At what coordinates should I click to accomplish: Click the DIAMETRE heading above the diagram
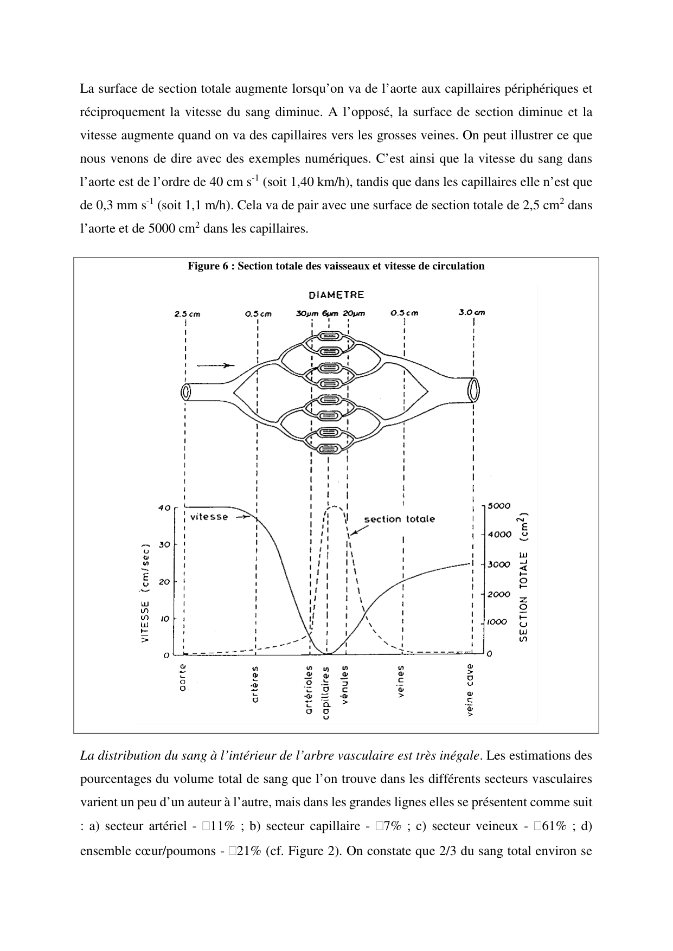click(336, 295)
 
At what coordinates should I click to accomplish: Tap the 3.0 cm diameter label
click(471, 312)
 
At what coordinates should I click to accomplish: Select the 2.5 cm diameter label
click(187, 313)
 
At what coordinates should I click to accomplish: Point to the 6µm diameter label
click(330, 313)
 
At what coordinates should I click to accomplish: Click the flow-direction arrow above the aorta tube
click(215, 365)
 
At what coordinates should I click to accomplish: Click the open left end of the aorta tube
click(186, 392)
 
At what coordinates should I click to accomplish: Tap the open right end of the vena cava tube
click(474, 389)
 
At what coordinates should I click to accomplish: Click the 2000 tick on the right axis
click(498, 594)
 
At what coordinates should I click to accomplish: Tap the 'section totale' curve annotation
click(399, 519)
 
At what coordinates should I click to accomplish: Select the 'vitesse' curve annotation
click(209, 517)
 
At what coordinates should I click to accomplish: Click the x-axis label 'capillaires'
click(326, 692)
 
